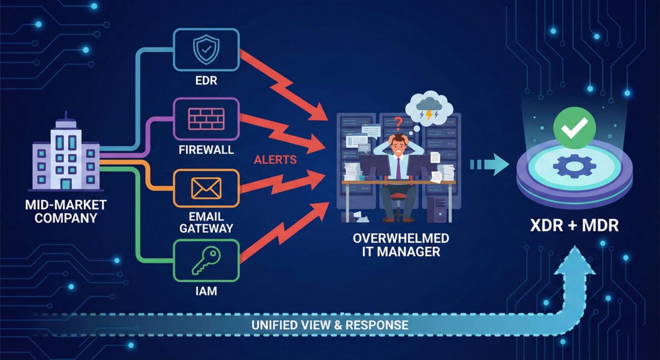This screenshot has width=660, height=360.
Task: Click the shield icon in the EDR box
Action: [x=206, y=49]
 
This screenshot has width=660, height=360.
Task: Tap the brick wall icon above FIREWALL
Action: [x=206, y=119]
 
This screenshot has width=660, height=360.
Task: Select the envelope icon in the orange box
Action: [x=206, y=188]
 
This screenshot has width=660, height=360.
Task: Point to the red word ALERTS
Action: [x=276, y=160]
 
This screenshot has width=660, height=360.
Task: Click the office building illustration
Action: [x=67, y=155]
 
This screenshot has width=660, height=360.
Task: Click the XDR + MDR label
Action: [x=575, y=225]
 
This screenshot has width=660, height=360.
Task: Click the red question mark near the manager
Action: [x=399, y=122]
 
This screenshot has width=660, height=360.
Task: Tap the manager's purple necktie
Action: [x=399, y=168]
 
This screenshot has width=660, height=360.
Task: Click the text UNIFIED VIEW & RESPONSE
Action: [x=329, y=325]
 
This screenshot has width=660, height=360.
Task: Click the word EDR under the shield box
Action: [x=206, y=80]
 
